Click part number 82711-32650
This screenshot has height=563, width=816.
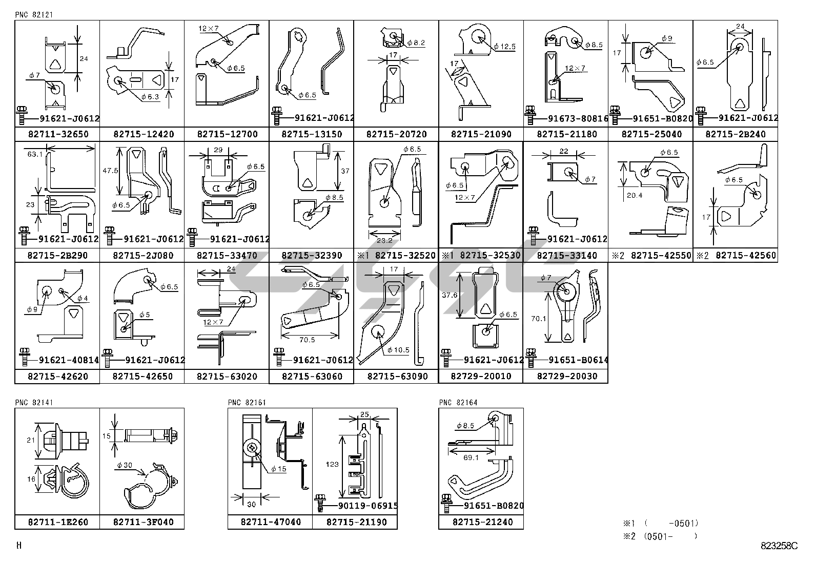[x=57, y=134]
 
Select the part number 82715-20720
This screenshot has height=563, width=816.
[x=396, y=134]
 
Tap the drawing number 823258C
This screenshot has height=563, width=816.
[x=779, y=546]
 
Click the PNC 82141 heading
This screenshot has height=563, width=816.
[x=34, y=403]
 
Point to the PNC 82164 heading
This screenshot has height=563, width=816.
[x=458, y=403]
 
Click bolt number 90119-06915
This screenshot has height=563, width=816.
[x=368, y=506]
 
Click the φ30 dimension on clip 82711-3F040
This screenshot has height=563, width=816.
[x=124, y=465]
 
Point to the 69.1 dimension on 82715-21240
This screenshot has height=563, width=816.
[x=471, y=457]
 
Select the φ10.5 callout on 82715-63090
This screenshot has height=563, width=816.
[x=398, y=350]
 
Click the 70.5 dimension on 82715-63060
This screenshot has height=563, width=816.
[x=306, y=339]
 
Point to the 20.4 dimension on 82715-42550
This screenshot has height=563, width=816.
[x=634, y=195]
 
